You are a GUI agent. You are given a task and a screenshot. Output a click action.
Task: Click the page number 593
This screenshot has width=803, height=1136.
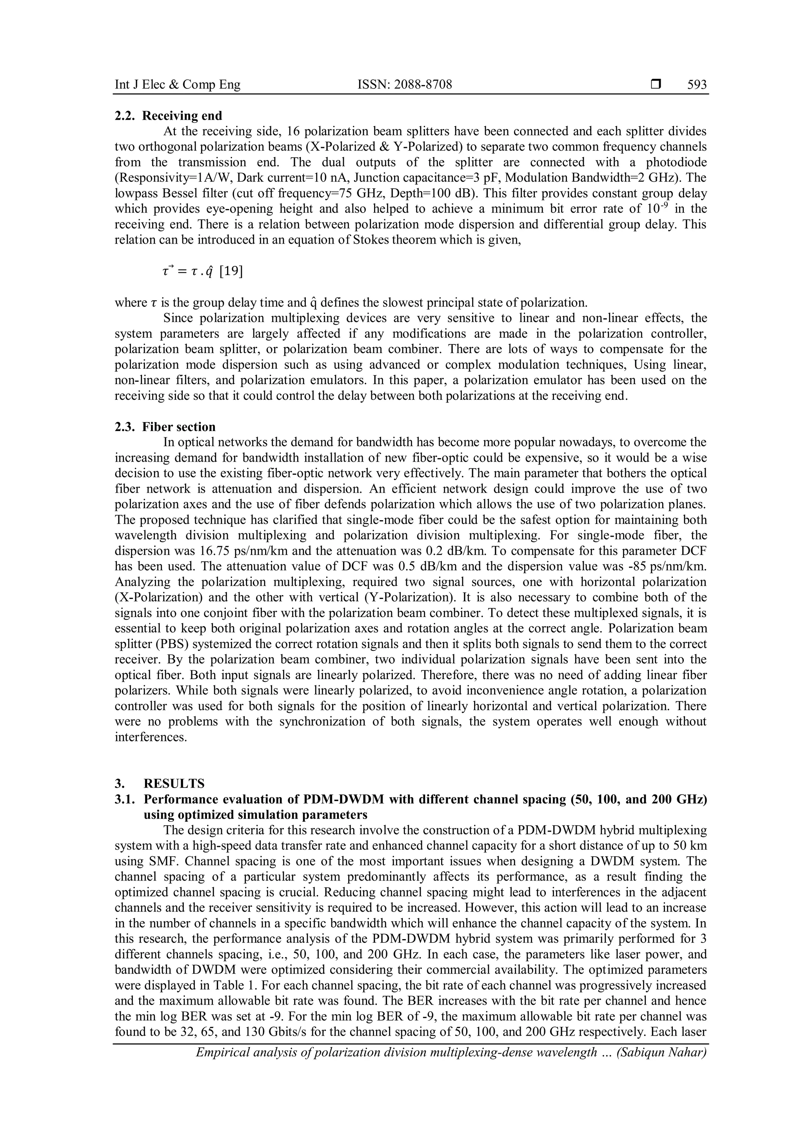697,85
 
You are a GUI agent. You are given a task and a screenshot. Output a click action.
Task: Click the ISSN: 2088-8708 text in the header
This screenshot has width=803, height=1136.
405,85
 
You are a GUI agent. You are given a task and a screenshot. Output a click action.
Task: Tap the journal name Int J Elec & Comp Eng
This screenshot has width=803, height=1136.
178,85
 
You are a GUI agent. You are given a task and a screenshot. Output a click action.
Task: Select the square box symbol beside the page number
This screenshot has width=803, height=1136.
656,85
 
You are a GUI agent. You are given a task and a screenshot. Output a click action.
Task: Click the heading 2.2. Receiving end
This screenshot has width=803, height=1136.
168,116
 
